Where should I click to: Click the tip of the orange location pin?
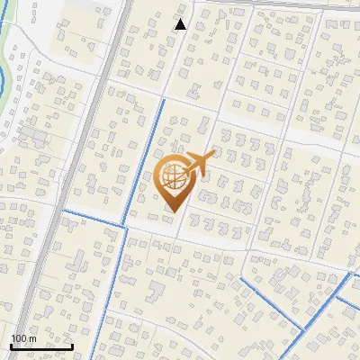171,212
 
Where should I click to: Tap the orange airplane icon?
200,163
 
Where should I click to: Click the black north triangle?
180,24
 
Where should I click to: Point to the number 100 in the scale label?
19,338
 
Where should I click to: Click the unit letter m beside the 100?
32,338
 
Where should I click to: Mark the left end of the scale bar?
11,346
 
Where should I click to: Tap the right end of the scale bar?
73,346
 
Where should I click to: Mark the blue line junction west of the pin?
122,224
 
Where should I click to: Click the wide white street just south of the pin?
207,238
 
